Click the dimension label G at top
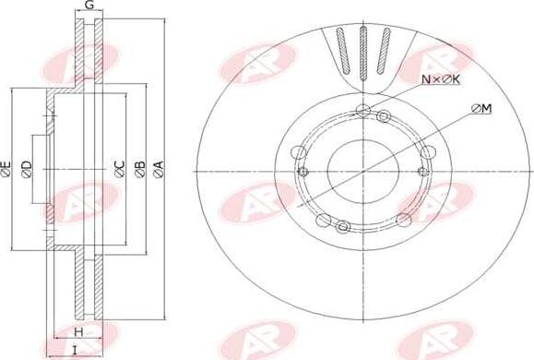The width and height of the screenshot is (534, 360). pos(89,5)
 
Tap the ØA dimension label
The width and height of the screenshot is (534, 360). pos(159,169)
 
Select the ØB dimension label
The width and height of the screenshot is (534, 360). pos(140,169)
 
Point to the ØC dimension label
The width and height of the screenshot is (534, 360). pos(120,169)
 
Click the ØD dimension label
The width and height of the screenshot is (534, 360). pos(27,169)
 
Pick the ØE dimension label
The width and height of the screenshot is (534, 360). pos(6,169)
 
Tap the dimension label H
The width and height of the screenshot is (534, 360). pos(78,331)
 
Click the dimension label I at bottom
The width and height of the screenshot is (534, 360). pos(75,350)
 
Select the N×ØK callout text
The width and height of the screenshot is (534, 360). pos(441,79)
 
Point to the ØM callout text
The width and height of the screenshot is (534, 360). pos(481,109)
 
